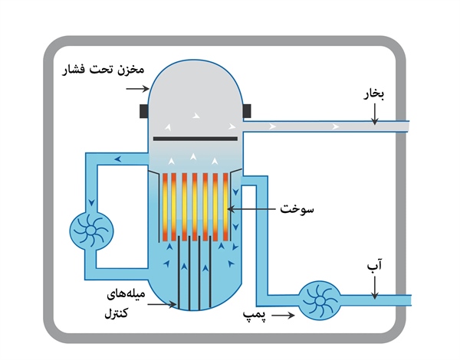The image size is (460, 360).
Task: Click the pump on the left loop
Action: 91,229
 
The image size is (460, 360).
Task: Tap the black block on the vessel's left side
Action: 145,111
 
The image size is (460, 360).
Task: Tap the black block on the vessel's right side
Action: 247,111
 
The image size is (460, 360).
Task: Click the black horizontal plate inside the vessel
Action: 195,139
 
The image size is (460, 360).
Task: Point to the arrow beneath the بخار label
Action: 374,116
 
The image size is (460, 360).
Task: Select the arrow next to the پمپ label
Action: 284,315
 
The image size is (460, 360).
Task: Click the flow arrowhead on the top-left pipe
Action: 117,159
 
